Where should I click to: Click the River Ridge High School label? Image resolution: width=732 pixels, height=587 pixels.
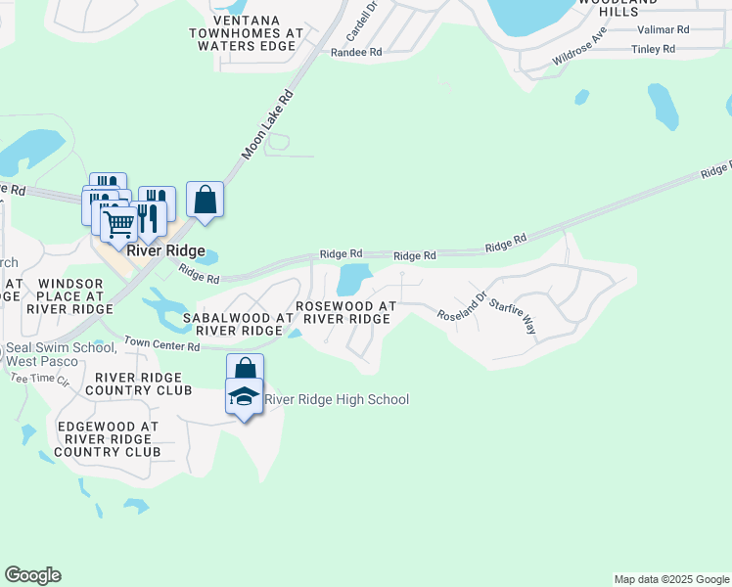pos(338,399)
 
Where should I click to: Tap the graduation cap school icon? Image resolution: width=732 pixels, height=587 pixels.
pos(244,396)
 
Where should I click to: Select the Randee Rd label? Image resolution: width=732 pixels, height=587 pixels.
pos(356,53)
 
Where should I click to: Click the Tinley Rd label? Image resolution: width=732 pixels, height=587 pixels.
pos(654,49)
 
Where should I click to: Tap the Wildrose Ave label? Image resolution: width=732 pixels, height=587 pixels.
pos(579,45)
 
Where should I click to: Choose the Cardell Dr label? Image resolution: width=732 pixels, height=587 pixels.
pos(362,15)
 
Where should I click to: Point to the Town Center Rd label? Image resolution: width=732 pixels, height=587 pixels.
pos(155,345)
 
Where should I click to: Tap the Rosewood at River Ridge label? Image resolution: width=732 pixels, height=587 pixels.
pos(346,312)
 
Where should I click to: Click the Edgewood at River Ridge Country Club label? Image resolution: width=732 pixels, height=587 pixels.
pos(108,439)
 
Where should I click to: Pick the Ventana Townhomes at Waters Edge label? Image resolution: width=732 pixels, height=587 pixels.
pos(247,32)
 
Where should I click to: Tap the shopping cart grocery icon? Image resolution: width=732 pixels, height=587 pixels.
pos(119,224)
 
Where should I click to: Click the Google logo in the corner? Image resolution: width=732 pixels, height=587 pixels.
pos(32,575)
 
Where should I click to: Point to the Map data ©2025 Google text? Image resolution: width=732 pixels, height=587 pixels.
pos(670,579)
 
